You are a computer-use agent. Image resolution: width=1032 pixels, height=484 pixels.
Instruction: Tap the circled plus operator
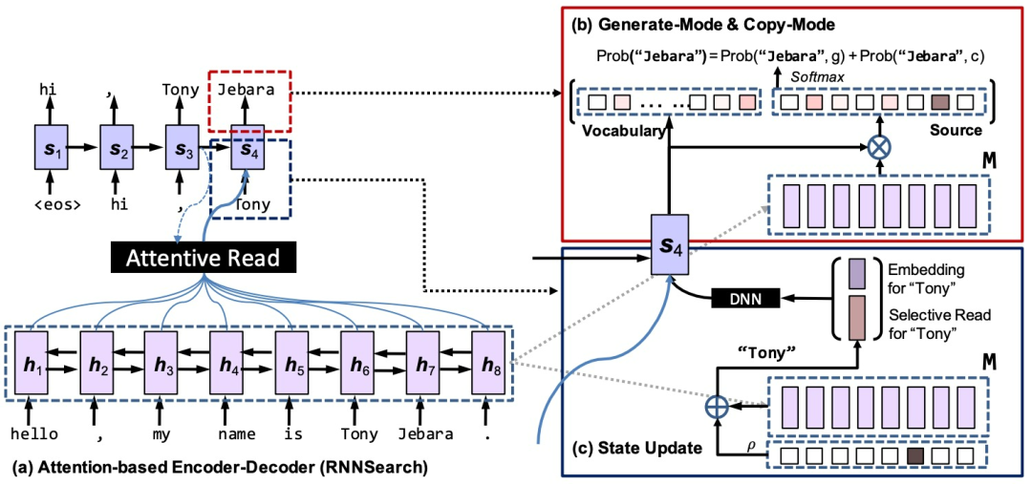coord(717,406)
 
